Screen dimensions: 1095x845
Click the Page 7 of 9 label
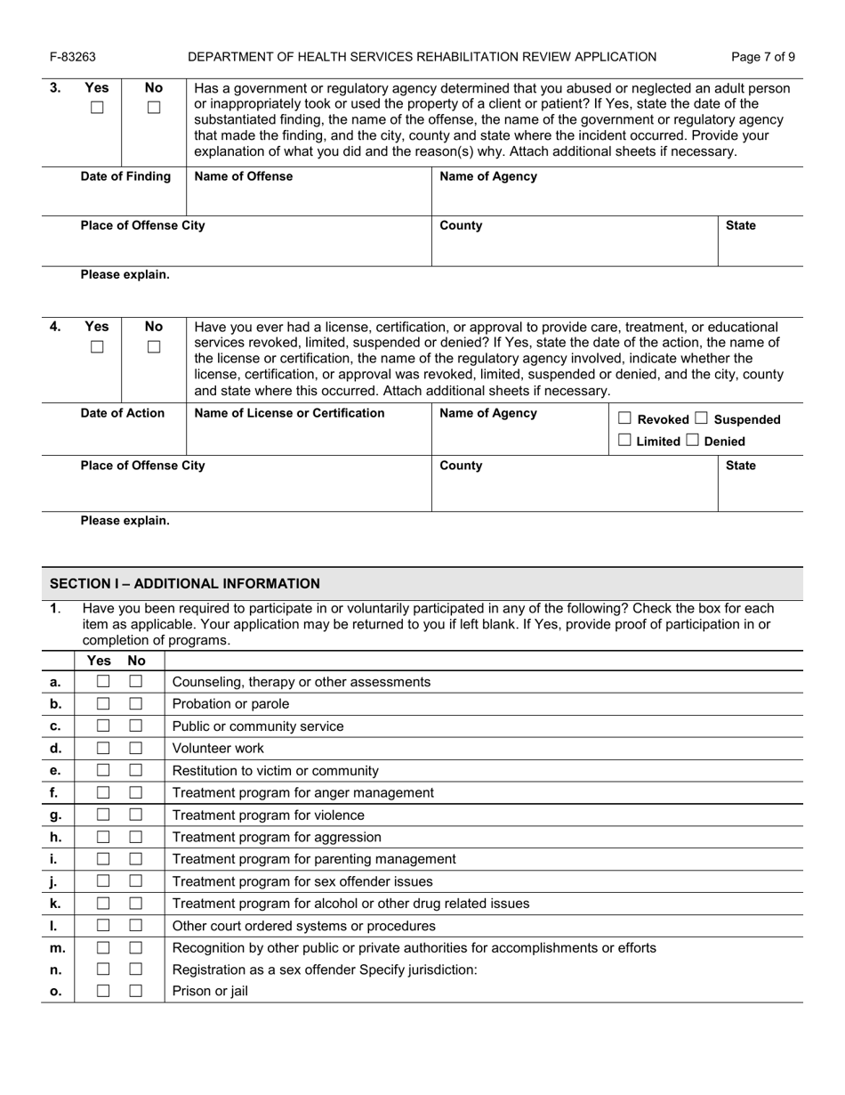(762, 57)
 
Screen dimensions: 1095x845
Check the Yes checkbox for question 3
(97, 108)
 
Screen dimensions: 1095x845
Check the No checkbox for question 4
(154, 347)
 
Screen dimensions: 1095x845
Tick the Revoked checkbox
(625, 418)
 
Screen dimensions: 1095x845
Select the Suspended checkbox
(702, 418)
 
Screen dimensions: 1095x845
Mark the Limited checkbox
(625, 441)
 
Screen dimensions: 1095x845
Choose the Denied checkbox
(692, 441)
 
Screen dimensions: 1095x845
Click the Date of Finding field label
(125, 176)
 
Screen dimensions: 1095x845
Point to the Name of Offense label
(243, 176)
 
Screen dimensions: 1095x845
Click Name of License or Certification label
(289, 413)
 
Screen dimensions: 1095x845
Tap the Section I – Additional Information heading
(184, 584)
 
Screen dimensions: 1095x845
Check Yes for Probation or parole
(103, 704)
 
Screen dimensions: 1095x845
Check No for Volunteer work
(136, 749)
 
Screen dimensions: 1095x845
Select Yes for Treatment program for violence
(103, 815)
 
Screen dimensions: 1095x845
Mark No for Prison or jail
(136, 990)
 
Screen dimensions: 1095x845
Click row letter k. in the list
(55, 904)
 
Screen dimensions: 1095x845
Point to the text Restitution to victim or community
(275, 771)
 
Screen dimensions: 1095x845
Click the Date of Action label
(123, 413)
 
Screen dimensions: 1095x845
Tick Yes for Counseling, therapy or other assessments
(103, 682)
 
